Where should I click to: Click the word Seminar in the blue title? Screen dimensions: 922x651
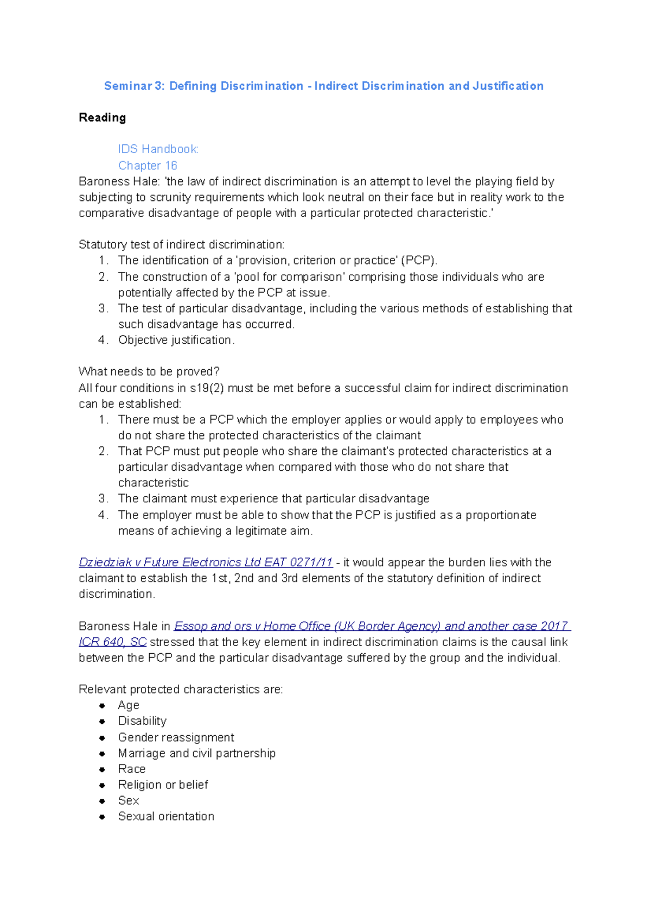click(128, 86)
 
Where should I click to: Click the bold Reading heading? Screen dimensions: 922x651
click(102, 117)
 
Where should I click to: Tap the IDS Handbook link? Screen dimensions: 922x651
click(158, 149)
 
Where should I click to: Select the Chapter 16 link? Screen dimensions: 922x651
click(148, 165)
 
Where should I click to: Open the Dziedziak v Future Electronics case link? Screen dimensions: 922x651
click(206, 563)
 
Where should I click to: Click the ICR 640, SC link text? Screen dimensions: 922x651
click(112, 642)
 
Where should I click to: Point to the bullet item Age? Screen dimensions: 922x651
click(129, 705)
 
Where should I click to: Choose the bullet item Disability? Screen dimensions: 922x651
click(142, 721)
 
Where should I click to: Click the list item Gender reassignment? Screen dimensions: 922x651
click(176, 737)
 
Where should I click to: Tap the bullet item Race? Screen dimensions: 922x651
click(132, 769)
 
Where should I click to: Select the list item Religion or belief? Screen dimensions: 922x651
click(163, 785)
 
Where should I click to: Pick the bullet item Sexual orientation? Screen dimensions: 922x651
click(166, 816)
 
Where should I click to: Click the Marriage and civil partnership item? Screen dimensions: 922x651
click(196, 753)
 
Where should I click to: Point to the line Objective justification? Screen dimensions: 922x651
click(176, 340)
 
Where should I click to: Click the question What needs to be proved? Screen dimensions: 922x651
click(149, 371)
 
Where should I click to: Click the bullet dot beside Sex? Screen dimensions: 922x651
click(102, 801)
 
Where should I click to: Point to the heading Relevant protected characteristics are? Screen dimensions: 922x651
click(180, 690)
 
